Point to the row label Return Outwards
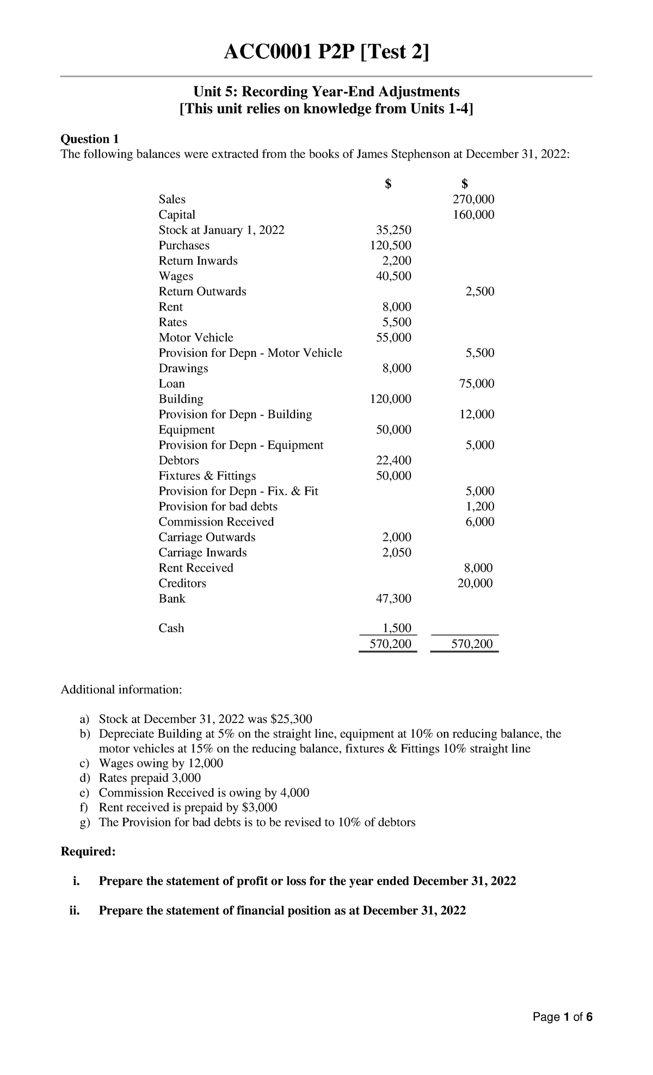tap(202, 292)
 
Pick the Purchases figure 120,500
tap(390, 245)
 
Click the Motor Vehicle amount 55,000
tap(393, 338)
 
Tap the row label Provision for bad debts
tap(218, 506)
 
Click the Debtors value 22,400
tap(393, 461)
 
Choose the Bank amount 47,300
tap(393, 599)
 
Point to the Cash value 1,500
tap(397, 628)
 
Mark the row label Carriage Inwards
tap(202, 553)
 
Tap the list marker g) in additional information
tap(85, 822)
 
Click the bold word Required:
tap(88, 851)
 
